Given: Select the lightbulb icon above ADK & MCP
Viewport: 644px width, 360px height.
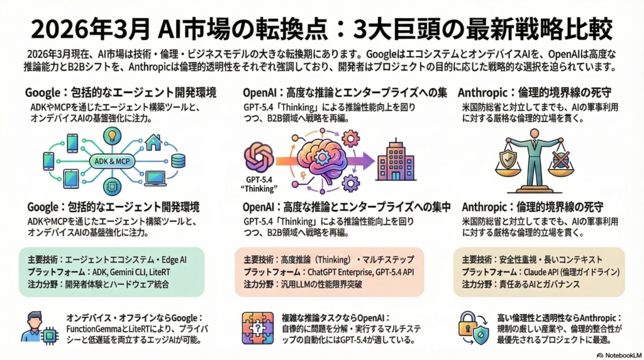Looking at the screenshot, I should click(x=113, y=135).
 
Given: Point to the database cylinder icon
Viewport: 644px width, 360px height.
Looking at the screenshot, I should click(x=178, y=160).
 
